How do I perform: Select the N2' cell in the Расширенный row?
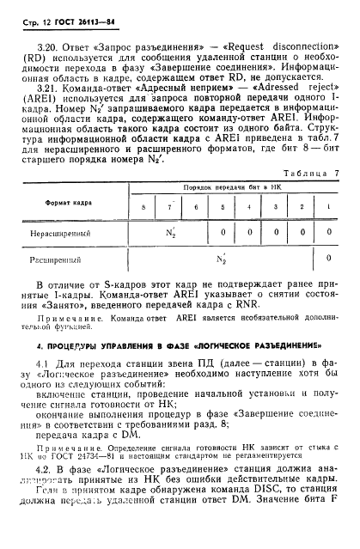[x=222, y=258]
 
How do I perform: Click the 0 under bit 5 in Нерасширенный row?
[x=223, y=232]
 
